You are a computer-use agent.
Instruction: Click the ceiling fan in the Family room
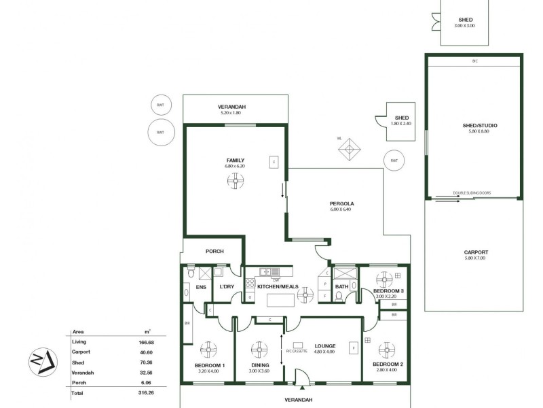[x=235, y=180]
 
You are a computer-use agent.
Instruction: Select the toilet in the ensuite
[x=191, y=274]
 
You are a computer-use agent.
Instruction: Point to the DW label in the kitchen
[x=276, y=279]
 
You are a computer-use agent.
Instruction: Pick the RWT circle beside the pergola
[x=393, y=160]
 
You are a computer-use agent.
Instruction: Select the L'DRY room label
[x=226, y=286]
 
